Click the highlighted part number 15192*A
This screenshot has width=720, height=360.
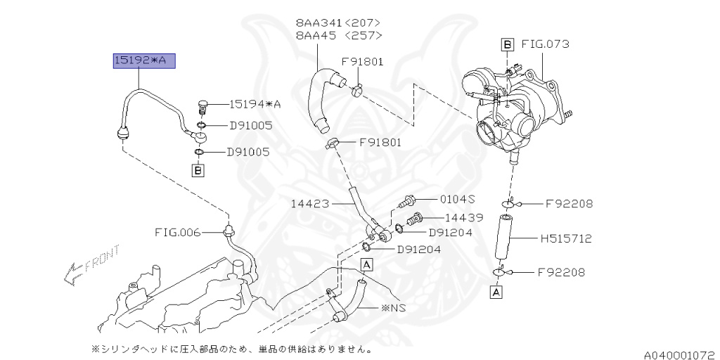point(144,62)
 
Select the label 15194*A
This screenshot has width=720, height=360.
point(254,104)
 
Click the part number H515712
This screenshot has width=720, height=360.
point(566,239)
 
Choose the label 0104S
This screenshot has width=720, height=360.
point(457,199)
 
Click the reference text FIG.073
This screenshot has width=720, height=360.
point(545,44)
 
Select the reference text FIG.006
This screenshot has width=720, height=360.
point(178,231)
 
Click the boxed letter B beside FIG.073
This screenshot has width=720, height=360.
point(507,44)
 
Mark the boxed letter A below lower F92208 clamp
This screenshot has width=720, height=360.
point(496,291)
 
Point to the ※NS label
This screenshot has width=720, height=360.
point(394,307)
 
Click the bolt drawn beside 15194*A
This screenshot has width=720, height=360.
point(203,107)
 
